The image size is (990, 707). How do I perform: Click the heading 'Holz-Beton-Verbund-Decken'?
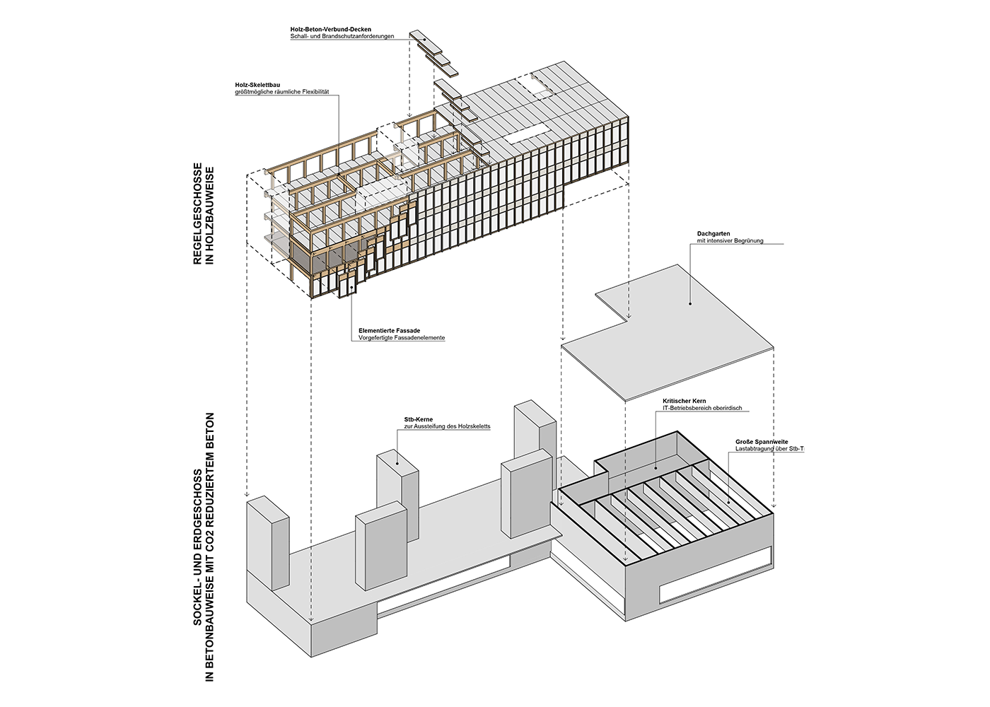coord(330,30)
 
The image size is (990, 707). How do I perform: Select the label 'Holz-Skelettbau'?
coord(257,85)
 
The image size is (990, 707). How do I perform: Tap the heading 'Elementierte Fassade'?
coord(389,331)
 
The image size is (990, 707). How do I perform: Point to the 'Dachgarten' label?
coord(713,233)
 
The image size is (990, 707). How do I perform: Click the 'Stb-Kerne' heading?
coord(418,419)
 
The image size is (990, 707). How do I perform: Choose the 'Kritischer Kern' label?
coord(684,401)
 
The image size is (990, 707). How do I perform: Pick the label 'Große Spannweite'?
coord(761,442)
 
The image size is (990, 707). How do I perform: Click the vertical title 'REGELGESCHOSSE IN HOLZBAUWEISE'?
coord(203,214)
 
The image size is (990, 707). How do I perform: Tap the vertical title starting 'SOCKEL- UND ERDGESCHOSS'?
coord(203,547)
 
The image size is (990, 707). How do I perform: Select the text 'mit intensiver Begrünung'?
coord(730,241)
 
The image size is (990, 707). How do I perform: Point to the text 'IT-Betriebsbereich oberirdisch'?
coord(702,408)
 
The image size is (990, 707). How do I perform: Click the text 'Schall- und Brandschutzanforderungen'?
coord(342,37)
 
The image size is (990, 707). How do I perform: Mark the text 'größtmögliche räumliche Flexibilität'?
coord(281,92)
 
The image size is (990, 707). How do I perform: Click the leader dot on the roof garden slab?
coord(689,304)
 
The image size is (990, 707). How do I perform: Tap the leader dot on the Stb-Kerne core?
coord(397,464)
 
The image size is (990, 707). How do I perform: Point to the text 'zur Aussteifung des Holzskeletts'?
coord(447,426)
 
